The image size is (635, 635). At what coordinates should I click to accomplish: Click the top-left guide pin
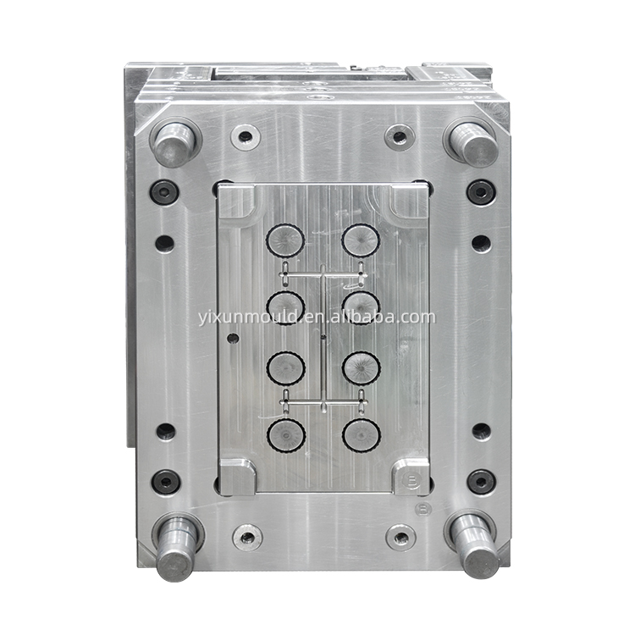pos(175,143)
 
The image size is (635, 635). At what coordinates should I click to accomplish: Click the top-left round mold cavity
pos(285,240)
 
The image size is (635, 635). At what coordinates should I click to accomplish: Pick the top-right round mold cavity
pos(361,240)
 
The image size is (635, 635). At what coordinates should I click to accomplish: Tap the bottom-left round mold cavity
pos(286,436)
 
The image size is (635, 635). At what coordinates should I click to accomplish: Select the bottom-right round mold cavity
pos(362,435)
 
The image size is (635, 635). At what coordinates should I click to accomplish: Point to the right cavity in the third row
pos(362,368)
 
